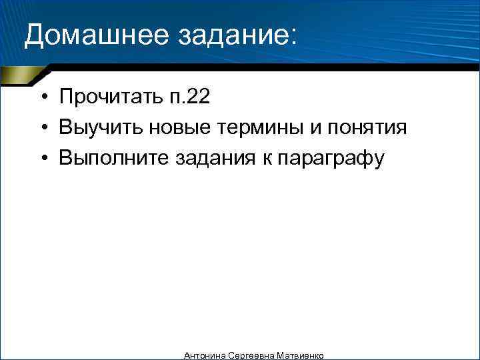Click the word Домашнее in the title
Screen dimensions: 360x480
tap(96, 35)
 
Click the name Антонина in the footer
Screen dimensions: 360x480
tap(204, 356)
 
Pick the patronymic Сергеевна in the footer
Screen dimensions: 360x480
tap(248, 356)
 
